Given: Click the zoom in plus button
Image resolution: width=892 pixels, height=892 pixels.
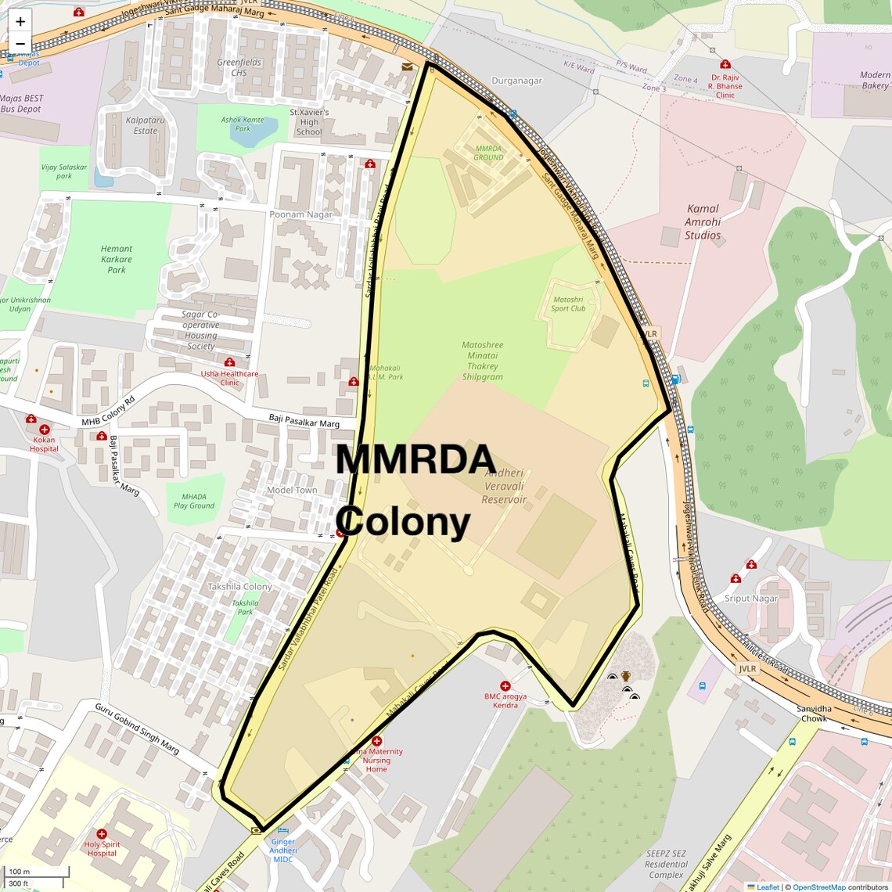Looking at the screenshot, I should pos(20,21).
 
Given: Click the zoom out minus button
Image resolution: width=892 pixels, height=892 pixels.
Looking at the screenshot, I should pos(20,44).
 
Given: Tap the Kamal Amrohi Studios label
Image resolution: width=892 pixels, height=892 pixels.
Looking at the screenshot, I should pos(702,221).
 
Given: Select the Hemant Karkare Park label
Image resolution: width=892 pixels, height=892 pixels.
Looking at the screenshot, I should pos(116,259).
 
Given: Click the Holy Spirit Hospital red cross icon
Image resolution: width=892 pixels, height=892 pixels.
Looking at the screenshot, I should pos(102,834).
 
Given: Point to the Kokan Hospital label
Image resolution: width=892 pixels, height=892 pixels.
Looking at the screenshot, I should pos(44,444).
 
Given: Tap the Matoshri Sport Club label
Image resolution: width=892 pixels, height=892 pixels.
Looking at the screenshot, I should pos(568,304).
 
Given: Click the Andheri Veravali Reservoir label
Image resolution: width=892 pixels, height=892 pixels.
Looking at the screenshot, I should pos(504,486).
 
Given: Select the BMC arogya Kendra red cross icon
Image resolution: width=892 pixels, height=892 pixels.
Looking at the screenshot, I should pos(505,686).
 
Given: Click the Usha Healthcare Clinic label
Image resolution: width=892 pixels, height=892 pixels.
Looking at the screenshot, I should pos(229,378).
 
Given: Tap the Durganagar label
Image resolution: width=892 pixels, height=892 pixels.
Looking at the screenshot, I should pos(516,81).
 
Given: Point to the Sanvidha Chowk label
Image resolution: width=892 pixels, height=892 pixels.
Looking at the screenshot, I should pos(814,714).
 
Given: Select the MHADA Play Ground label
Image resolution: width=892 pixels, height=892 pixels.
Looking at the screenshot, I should pos(194,501).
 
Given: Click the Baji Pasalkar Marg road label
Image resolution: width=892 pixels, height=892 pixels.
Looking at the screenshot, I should pos(304,421).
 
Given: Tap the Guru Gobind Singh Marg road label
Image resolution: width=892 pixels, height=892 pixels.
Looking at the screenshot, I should pos(137,728).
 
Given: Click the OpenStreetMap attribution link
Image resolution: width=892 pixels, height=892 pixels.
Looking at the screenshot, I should pos(818,887).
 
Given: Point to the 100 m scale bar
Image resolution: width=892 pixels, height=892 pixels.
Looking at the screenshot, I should pos(35,872).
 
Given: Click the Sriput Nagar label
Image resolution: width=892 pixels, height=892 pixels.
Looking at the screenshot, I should pos(751,599).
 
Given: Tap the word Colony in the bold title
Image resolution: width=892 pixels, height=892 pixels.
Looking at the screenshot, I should pos(405,522).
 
